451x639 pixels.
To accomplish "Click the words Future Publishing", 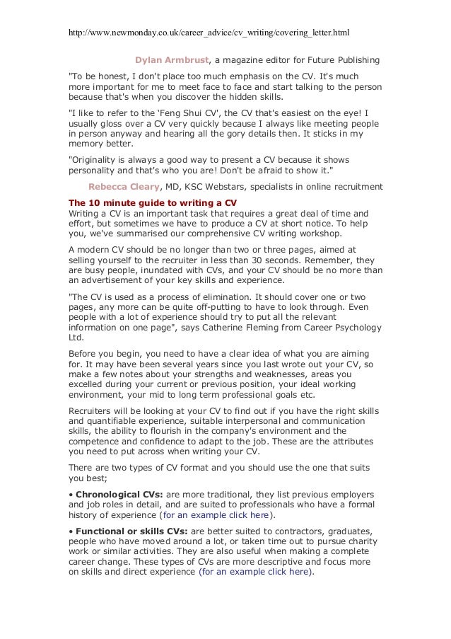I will pyautogui.click(x=346, y=59).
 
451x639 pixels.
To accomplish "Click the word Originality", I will pyautogui.click(x=98, y=161).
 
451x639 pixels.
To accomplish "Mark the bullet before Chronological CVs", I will pyautogui.click(x=70, y=493).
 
